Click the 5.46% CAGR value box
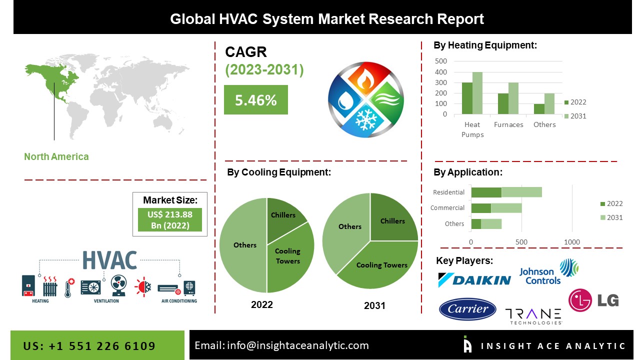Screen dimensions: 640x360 (x=255, y=99)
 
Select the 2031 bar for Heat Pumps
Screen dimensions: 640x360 (x=477, y=93)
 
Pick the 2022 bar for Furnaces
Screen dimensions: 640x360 (x=503, y=103)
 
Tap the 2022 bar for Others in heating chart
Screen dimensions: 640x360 (x=539, y=109)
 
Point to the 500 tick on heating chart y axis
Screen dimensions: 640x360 (x=441, y=61)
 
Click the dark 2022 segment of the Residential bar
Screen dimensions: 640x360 (x=486, y=192)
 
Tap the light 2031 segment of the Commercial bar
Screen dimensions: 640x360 (x=506, y=208)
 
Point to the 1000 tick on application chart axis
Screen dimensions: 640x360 (x=571, y=242)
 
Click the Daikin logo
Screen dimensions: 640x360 (x=474, y=279)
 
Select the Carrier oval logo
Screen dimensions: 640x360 (x=467, y=309)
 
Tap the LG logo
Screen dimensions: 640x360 (x=593, y=300)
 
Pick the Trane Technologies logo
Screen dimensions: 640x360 (x=533, y=316)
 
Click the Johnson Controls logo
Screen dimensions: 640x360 (x=548, y=272)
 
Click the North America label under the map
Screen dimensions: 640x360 (x=56, y=156)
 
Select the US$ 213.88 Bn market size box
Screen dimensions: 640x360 (x=170, y=219)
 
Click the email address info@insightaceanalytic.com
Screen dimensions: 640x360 (x=297, y=345)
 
